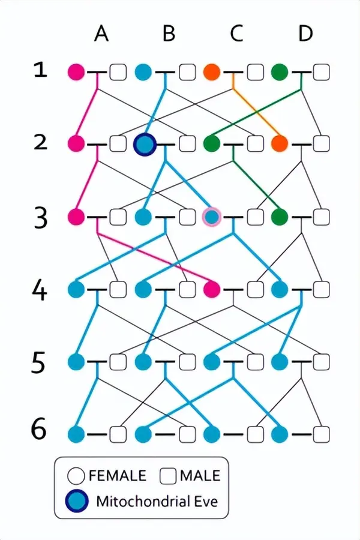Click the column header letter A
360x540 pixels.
pos(101,34)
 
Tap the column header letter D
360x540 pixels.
pos(305,34)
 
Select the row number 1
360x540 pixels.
pos(40,71)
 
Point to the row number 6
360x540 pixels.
pos(39,431)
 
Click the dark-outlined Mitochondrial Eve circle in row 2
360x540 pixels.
pos(144,144)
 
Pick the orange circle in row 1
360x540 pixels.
pos(212,72)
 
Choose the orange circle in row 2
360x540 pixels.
pos(280,144)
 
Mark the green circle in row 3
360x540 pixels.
pos(280,217)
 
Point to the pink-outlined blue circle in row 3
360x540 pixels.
pos(212,217)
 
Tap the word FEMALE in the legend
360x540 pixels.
pos(117,476)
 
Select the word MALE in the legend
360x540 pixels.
pos(200,476)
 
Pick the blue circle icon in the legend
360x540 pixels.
pos(76,501)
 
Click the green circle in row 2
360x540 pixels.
pos(212,144)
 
